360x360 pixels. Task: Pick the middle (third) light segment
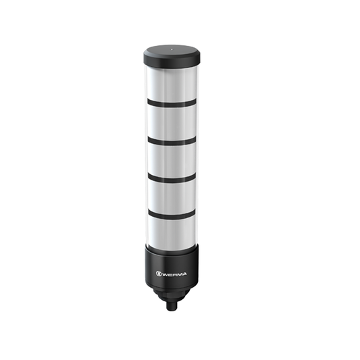pyautogui.click(x=172, y=160)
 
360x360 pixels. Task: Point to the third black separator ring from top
pyautogui.click(x=172, y=179)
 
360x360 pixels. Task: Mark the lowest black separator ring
pyautogui.click(x=172, y=214)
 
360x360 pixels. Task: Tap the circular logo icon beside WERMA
pyautogui.click(x=159, y=274)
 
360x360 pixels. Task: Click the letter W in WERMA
pyautogui.click(x=165, y=274)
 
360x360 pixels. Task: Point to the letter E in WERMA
pyautogui.click(x=170, y=274)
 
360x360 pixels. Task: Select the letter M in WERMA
pyautogui.click(x=179, y=274)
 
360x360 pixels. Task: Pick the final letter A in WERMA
pyautogui.click(x=185, y=274)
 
